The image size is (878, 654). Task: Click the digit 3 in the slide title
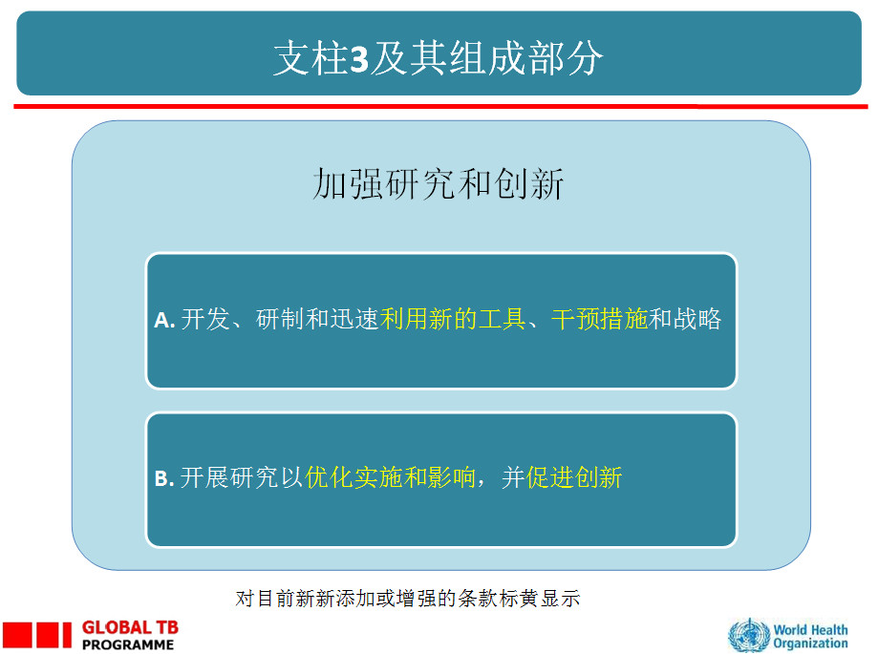pyautogui.click(x=359, y=59)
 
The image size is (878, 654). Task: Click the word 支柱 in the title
pyautogui.click(x=311, y=57)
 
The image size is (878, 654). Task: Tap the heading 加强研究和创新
pyautogui.click(x=438, y=183)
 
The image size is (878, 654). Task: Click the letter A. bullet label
pyautogui.click(x=164, y=320)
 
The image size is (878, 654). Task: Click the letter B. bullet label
pyautogui.click(x=164, y=479)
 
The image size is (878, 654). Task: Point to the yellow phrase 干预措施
pyautogui.click(x=599, y=319)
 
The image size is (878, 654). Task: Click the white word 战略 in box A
pyautogui.click(x=697, y=319)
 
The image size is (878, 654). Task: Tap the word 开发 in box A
pyautogui.click(x=205, y=319)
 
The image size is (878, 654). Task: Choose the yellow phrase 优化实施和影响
pyautogui.click(x=391, y=477)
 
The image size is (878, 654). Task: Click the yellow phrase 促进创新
pyautogui.click(x=574, y=477)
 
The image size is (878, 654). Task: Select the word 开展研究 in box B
pyautogui.click(x=229, y=477)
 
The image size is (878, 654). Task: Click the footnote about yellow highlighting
pyautogui.click(x=408, y=599)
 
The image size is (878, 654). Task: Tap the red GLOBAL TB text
pyautogui.click(x=130, y=627)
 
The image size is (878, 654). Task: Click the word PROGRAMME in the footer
pyautogui.click(x=128, y=645)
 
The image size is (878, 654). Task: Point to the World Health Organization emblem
pyautogui.click(x=749, y=635)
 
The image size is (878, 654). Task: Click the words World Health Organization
pyautogui.click(x=810, y=637)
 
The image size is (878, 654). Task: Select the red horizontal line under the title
pyautogui.click(x=440, y=106)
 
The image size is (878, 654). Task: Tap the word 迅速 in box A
pyautogui.click(x=354, y=319)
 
